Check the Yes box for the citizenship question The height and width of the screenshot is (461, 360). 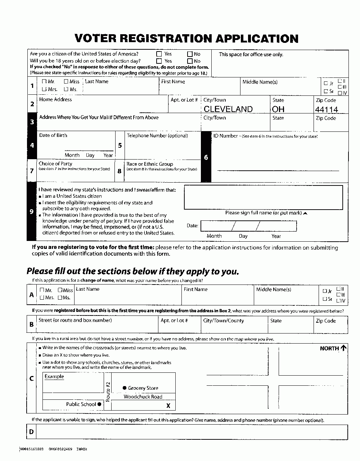click(x=159, y=54)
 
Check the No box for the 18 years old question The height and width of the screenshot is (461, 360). click(x=190, y=61)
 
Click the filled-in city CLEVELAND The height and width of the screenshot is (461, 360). click(x=228, y=109)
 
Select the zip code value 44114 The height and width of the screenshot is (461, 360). click(x=327, y=109)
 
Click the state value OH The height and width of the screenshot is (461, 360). click(x=278, y=109)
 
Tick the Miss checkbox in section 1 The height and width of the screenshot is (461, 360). click(x=66, y=82)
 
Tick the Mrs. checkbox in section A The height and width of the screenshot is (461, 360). click(x=42, y=297)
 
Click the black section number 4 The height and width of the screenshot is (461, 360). click(x=32, y=146)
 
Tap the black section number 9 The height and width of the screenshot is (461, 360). click(x=32, y=212)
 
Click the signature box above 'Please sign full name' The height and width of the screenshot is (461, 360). click(x=263, y=197)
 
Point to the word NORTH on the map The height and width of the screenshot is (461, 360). click(x=329, y=348)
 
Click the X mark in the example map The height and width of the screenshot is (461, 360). click(x=168, y=406)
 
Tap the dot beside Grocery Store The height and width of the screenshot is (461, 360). click(x=125, y=388)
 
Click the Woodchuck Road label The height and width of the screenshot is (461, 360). click(x=143, y=397)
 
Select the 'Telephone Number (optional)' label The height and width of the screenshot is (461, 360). click(x=157, y=136)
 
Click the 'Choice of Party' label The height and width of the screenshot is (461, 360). click(x=55, y=164)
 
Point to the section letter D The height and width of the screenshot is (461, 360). click(x=32, y=431)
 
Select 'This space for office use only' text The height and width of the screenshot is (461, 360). click(x=251, y=54)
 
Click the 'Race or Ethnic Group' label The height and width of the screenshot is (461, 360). click(x=150, y=164)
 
